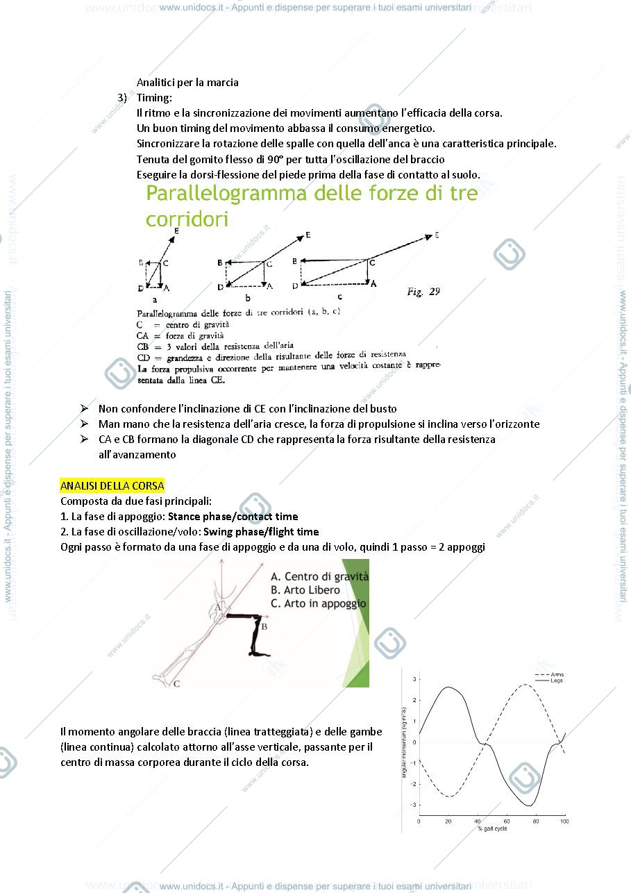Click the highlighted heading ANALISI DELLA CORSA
(112, 485)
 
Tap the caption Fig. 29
(423, 292)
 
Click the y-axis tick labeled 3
(414, 679)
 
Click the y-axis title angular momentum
(404, 742)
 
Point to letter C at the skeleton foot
(176, 684)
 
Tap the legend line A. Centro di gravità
(320, 576)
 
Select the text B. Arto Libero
(305, 590)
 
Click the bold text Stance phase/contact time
(233, 516)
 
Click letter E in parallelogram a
(176, 231)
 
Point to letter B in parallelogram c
(294, 261)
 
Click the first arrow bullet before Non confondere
(84, 408)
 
